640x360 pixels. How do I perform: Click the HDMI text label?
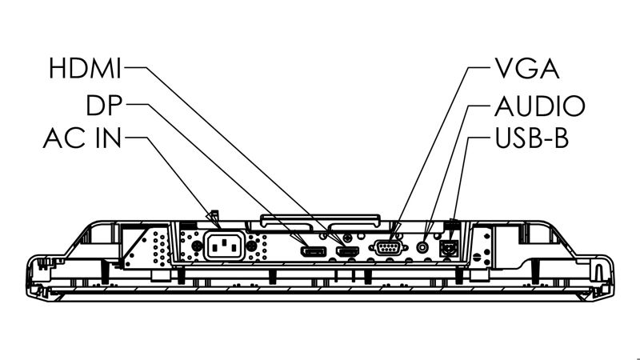[x=85, y=68]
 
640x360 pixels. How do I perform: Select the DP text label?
[x=104, y=105]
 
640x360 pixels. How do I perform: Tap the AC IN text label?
[x=82, y=138]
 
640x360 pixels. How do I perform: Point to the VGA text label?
[x=526, y=68]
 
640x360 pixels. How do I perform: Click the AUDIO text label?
[x=539, y=106]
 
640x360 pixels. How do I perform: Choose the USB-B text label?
[x=531, y=138]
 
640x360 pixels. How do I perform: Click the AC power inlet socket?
[x=224, y=246]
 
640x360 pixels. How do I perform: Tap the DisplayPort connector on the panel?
[x=314, y=252]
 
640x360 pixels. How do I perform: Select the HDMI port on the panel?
[x=347, y=252]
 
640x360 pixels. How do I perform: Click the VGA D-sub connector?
[x=388, y=247]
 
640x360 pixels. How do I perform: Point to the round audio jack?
[x=423, y=247]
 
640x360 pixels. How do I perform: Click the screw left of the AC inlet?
[x=196, y=246]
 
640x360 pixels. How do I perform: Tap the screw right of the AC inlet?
[x=252, y=246]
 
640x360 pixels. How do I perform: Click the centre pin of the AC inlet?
[x=224, y=243]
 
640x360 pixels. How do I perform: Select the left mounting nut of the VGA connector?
[x=371, y=247]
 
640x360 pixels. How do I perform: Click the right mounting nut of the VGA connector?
[x=405, y=247]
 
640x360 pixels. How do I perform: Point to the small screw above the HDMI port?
[x=347, y=237]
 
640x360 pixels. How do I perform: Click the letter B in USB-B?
[x=562, y=138]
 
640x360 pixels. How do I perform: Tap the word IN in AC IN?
[x=108, y=138]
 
